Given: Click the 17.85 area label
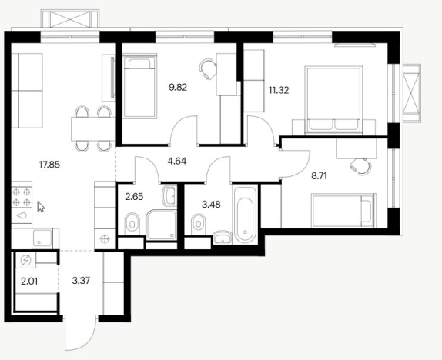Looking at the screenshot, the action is [x=49, y=164].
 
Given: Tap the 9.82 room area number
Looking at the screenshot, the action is [x=178, y=88].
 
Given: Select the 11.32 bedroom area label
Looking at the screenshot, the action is [x=279, y=91].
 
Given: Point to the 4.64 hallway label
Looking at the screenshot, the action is [x=177, y=161].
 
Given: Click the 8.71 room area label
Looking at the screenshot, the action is [x=319, y=176].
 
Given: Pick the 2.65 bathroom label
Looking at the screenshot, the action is [x=134, y=197].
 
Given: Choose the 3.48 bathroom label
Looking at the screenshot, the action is [x=211, y=204].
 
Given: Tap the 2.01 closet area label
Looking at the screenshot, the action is [x=29, y=281].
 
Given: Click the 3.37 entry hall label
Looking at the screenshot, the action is [x=81, y=281].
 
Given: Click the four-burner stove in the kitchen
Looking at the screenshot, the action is [x=22, y=197].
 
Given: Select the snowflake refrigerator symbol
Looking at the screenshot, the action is [x=105, y=239].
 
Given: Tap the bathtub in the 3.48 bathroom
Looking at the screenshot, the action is [x=245, y=215].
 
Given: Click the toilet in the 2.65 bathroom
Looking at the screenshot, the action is [x=132, y=224].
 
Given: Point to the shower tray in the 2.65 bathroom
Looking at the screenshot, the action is [x=162, y=225].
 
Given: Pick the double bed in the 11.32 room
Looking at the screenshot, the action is [x=333, y=99].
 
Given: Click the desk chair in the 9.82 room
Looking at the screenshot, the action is [x=208, y=69].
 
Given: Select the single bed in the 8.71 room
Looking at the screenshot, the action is [x=343, y=211].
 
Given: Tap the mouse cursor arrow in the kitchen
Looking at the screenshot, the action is [x=41, y=207].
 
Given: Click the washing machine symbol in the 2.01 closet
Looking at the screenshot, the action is [x=25, y=261].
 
